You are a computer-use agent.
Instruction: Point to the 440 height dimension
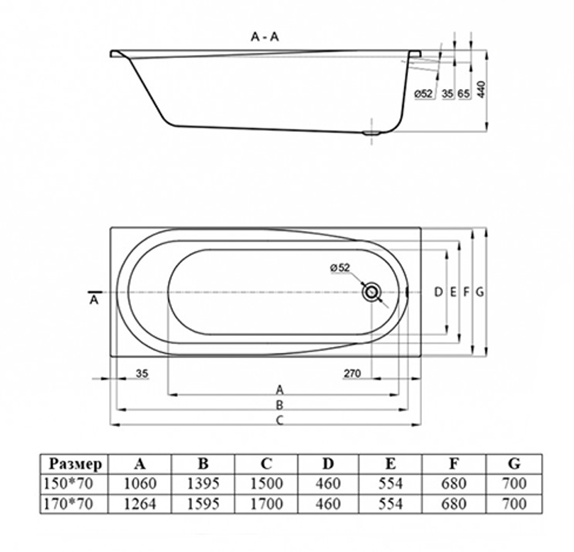point(482,88)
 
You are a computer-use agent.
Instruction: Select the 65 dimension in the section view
point(464,94)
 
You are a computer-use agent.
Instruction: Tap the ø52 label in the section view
point(423,94)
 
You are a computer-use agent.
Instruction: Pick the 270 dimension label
point(352,374)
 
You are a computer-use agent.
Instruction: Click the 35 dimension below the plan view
point(142,374)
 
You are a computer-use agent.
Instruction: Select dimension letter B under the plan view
point(280,405)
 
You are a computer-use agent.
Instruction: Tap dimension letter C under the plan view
point(280,420)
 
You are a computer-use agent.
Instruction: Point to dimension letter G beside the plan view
point(480,292)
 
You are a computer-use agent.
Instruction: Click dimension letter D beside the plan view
point(439,292)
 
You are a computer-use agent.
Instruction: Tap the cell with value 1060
point(140,483)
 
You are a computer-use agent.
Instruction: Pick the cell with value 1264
point(140,503)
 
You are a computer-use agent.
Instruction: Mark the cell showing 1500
point(266,483)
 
